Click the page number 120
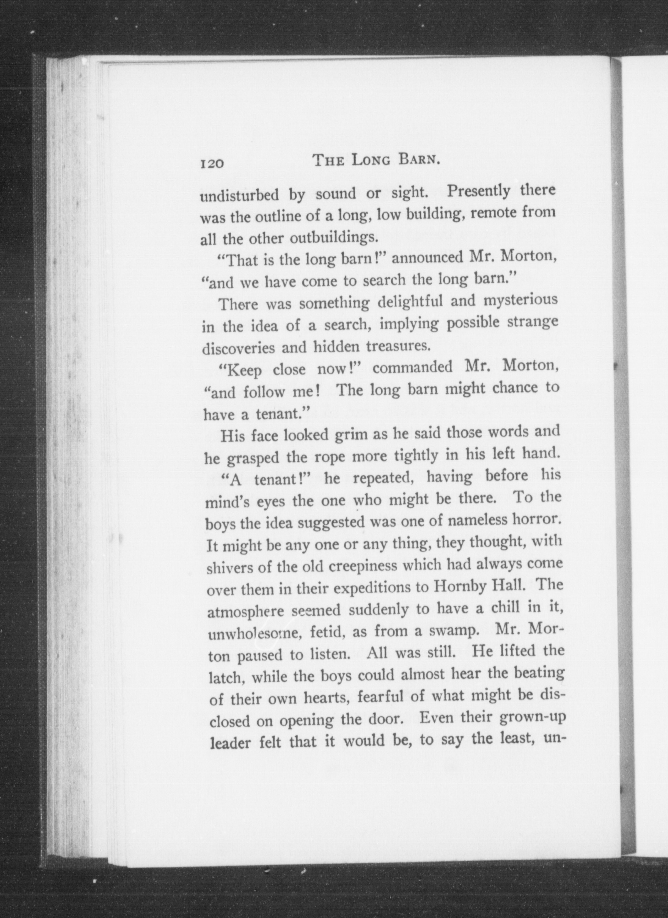[211, 164]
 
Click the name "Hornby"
[458, 587]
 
